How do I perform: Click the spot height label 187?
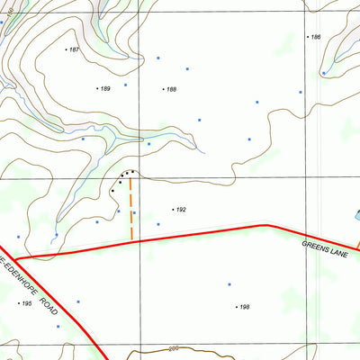click(x=74, y=49)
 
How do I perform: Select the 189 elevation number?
click(x=104, y=88)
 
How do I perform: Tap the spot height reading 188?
click(x=171, y=89)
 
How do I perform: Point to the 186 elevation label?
click(x=315, y=37)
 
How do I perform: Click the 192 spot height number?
click(x=180, y=210)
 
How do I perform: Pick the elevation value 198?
click(x=244, y=307)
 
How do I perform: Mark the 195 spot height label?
click(x=26, y=304)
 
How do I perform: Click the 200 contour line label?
click(x=174, y=347)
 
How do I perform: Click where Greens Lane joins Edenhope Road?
click(x=17, y=257)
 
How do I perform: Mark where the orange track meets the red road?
click(x=131, y=240)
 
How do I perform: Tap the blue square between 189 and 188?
click(x=125, y=85)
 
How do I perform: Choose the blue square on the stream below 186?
click(x=322, y=73)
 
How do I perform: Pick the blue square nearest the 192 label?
click(x=158, y=224)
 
